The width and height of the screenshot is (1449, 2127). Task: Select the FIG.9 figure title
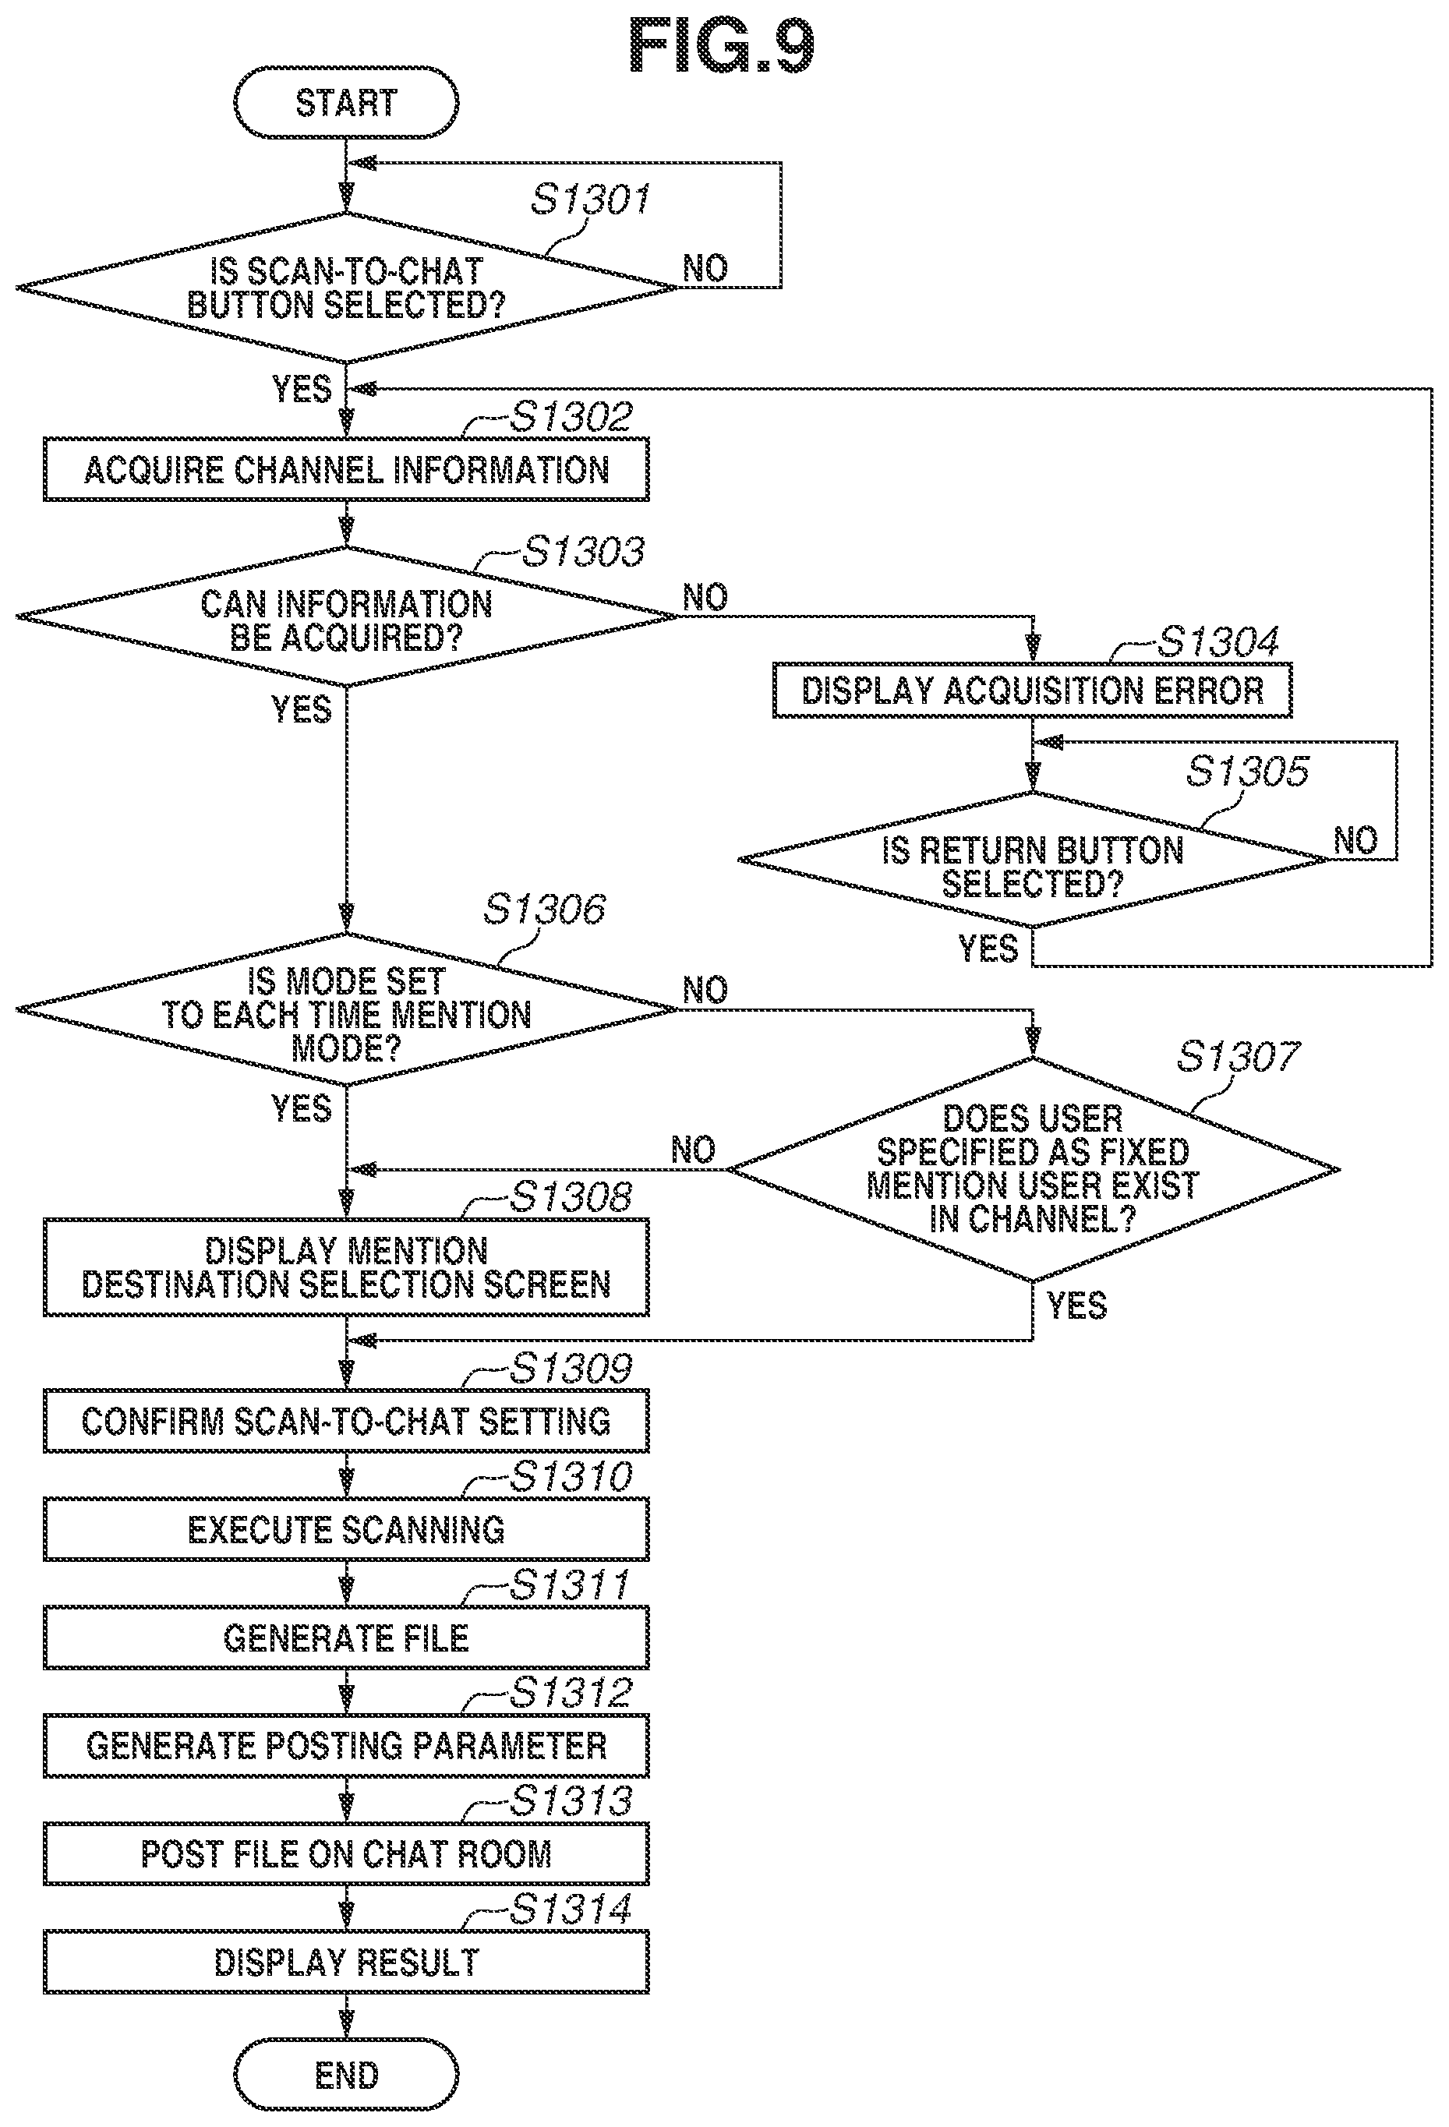721,47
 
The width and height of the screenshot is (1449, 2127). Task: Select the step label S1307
1238,1057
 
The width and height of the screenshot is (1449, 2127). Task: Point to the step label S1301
590,200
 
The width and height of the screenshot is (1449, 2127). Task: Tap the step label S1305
1248,772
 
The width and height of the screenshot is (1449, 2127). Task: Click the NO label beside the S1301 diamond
705,268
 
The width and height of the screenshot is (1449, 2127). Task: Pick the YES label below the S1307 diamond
1076,1306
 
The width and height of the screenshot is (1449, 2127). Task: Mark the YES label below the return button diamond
988,949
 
